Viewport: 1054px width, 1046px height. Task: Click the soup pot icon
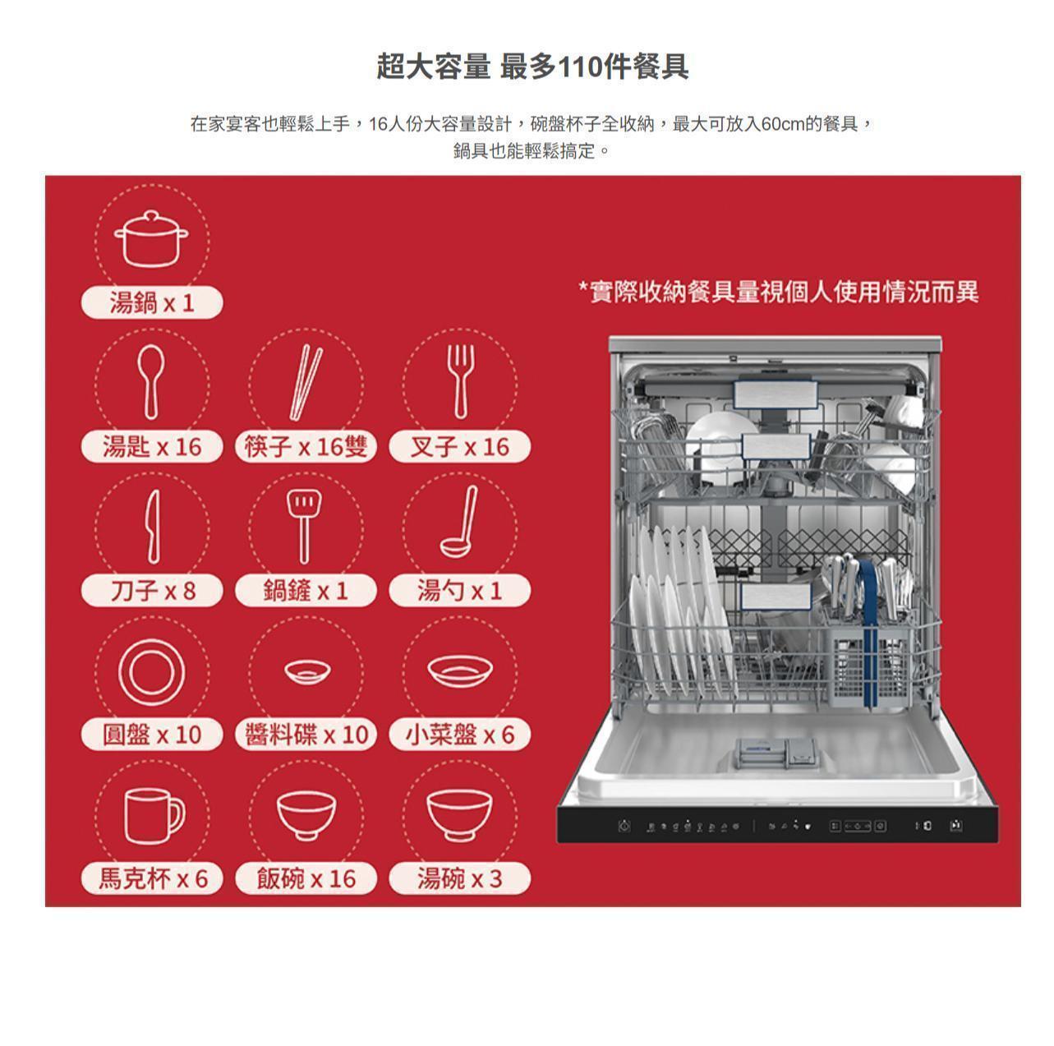pos(151,238)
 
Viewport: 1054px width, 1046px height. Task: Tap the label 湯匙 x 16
pos(152,446)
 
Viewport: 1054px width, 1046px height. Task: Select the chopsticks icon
pos(306,382)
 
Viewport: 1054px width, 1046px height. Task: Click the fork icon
pos(461,382)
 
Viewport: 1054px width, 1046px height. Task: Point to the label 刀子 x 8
pos(152,590)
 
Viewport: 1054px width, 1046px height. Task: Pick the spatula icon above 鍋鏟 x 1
pos(305,527)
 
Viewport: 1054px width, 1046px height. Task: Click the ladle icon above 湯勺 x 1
pos(459,523)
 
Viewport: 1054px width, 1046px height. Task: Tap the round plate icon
pos(151,672)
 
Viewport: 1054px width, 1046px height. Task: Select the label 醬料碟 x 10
pos(306,734)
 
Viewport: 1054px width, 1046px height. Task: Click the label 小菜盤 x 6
pos(460,734)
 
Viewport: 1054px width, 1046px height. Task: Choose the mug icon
pos(154,816)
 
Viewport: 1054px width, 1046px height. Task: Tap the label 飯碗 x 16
pos(306,878)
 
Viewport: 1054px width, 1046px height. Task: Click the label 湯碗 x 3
pos(460,878)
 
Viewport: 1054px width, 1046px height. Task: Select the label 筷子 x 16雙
pos(306,446)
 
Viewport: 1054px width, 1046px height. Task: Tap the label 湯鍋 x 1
pos(152,302)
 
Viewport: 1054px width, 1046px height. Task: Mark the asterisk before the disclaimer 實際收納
pos(583,286)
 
